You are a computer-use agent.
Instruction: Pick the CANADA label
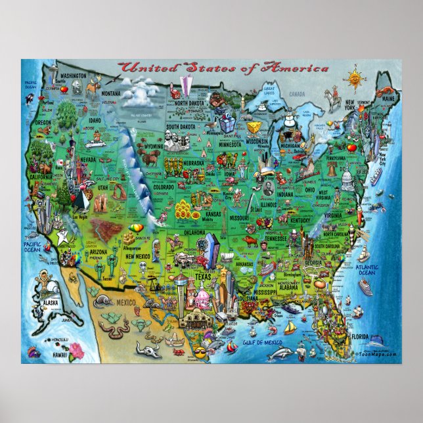298,94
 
